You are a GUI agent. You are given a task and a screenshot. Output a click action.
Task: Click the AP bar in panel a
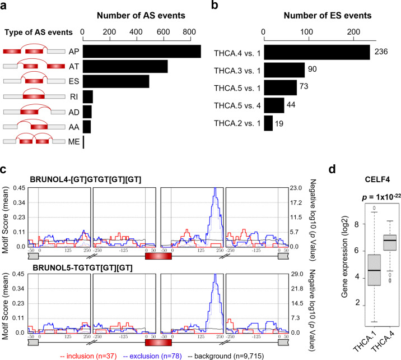(142, 51)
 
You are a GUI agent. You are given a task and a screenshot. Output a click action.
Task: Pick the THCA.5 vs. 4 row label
(236, 105)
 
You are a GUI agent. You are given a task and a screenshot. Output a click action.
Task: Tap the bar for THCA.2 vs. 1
(268, 123)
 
